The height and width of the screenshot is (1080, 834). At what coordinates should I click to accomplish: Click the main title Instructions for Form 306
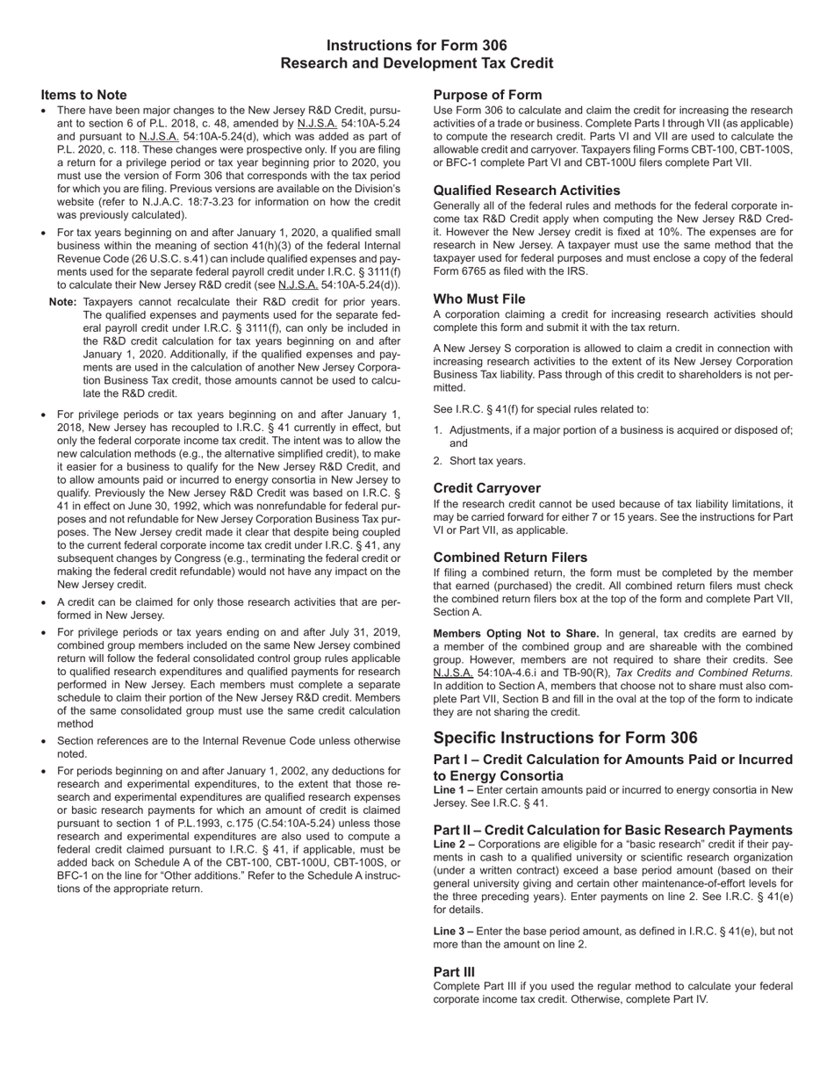416,46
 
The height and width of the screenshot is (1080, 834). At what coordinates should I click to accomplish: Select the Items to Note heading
83,95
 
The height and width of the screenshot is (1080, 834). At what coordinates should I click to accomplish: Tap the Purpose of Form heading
487,95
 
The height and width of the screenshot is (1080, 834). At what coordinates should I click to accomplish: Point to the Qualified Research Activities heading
526,191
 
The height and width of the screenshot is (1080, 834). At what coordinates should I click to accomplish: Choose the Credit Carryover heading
486,488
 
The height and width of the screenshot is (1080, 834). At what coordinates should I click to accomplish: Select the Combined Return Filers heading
510,558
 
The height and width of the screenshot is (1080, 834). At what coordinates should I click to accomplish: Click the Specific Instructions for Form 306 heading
565,738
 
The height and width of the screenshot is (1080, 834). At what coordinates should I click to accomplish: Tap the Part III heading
454,972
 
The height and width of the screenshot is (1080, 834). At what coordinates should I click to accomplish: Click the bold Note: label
63,302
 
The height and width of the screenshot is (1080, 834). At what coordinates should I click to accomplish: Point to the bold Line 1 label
453,790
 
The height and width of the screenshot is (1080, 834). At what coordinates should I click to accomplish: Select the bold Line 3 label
453,931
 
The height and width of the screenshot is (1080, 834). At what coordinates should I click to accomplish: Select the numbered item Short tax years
487,461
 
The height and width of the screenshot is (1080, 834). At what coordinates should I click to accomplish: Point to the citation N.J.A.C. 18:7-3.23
173,202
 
